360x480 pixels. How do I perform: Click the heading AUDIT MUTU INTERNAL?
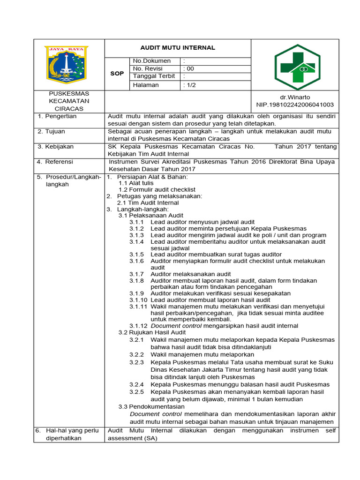click(x=178, y=48)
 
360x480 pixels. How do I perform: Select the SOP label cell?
click(x=117, y=74)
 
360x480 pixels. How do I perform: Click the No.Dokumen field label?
click(x=152, y=61)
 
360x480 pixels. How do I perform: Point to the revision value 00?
click(x=188, y=68)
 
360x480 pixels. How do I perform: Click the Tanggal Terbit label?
click(x=154, y=76)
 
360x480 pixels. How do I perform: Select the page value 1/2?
click(x=189, y=85)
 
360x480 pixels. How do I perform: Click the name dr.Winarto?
click(x=294, y=97)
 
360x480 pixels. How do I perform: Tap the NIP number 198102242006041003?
click(x=295, y=105)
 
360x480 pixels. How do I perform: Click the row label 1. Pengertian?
click(x=58, y=116)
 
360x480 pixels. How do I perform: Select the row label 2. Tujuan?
click(x=52, y=132)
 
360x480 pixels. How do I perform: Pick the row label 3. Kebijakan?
click(x=56, y=147)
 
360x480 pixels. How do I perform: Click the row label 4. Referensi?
click(x=55, y=162)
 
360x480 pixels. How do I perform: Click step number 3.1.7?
click(x=136, y=274)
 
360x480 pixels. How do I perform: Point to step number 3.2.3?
click(x=136, y=362)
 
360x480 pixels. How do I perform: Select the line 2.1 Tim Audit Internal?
click(x=148, y=202)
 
